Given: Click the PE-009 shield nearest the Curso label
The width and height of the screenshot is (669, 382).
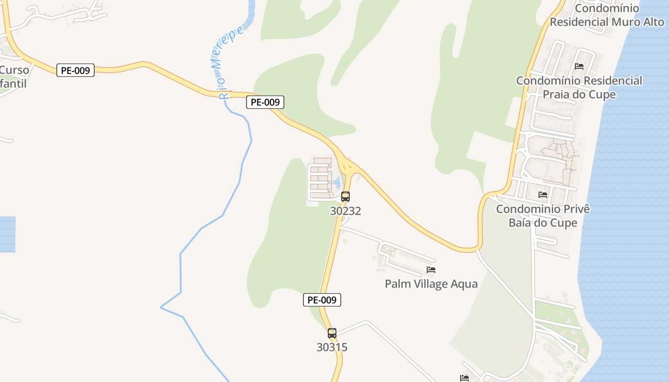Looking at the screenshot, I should [x=76, y=70].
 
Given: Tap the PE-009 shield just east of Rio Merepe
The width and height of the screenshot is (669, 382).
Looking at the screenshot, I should [x=265, y=102].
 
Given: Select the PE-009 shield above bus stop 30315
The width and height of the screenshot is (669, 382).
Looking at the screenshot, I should [x=322, y=300].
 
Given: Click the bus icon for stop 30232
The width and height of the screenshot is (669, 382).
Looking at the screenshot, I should [x=345, y=196].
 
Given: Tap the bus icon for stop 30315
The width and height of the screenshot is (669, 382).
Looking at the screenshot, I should [x=332, y=333].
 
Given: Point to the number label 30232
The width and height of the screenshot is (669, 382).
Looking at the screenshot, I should [x=345, y=211].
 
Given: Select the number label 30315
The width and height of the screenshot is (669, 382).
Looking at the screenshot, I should [x=332, y=347].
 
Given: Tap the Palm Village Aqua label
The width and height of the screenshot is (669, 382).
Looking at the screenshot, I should [x=431, y=284].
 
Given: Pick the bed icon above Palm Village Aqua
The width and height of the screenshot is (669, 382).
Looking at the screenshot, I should [x=431, y=270].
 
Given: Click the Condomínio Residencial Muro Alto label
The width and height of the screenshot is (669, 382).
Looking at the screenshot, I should [x=607, y=15].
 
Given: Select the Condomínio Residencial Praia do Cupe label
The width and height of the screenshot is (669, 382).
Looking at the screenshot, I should [x=579, y=87].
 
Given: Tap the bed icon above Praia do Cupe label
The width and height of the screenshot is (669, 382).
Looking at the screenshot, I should [x=579, y=66].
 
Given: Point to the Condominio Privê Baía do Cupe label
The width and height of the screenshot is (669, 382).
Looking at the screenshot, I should [x=543, y=216].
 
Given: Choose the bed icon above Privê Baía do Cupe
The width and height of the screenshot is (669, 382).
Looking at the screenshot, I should [x=543, y=194].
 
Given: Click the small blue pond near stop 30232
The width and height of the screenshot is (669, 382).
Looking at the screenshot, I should [x=337, y=182].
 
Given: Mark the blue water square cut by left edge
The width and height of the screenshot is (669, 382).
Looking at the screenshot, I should [x=7, y=234].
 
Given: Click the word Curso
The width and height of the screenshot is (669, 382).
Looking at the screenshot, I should [x=14, y=70].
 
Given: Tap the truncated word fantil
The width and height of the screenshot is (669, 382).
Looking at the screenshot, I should [x=13, y=84].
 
